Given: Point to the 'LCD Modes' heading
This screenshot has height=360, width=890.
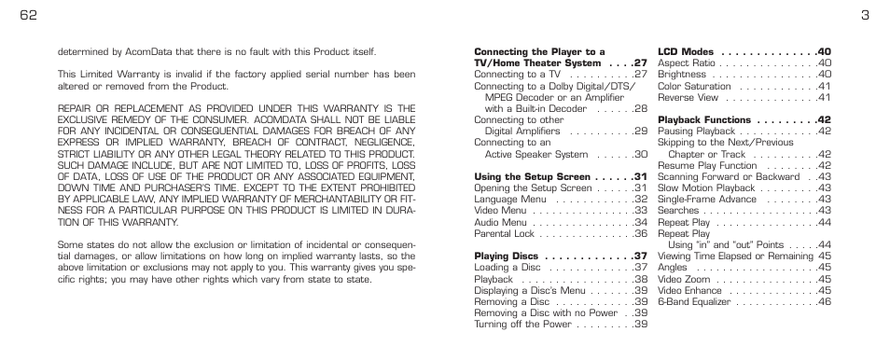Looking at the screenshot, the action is click(686, 51).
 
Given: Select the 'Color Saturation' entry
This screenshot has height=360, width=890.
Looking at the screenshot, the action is click(694, 86).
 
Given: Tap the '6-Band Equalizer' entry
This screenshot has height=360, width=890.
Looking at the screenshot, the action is click(696, 301).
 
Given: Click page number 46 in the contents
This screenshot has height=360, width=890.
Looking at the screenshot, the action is click(824, 301).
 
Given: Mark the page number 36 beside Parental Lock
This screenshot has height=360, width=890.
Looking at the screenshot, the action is click(641, 233).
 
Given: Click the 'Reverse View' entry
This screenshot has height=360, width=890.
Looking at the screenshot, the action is click(688, 97).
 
